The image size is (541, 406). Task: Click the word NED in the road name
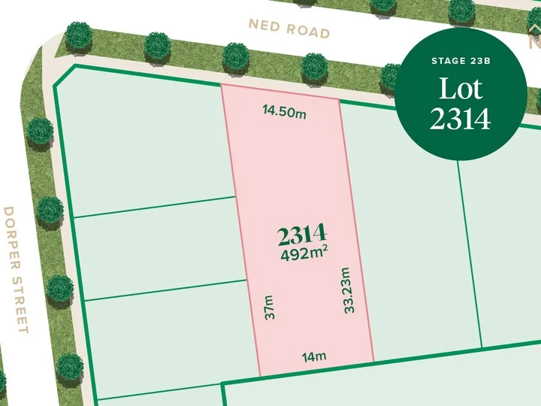pyautogui.click(x=265, y=26)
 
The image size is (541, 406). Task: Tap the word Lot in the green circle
pyautogui.click(x=460, y=90)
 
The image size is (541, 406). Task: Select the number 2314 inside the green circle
pyautogui.click(x=460, y=119)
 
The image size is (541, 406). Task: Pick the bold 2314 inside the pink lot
pyautogui.click(x=302, y=235)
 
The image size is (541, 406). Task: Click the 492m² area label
pyautogui.click(x=304, y=254)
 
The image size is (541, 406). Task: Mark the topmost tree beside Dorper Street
pyautogui.click(x=40, y=132)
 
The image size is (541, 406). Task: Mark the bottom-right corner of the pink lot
pyautogui.click(x=374, y=362)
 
